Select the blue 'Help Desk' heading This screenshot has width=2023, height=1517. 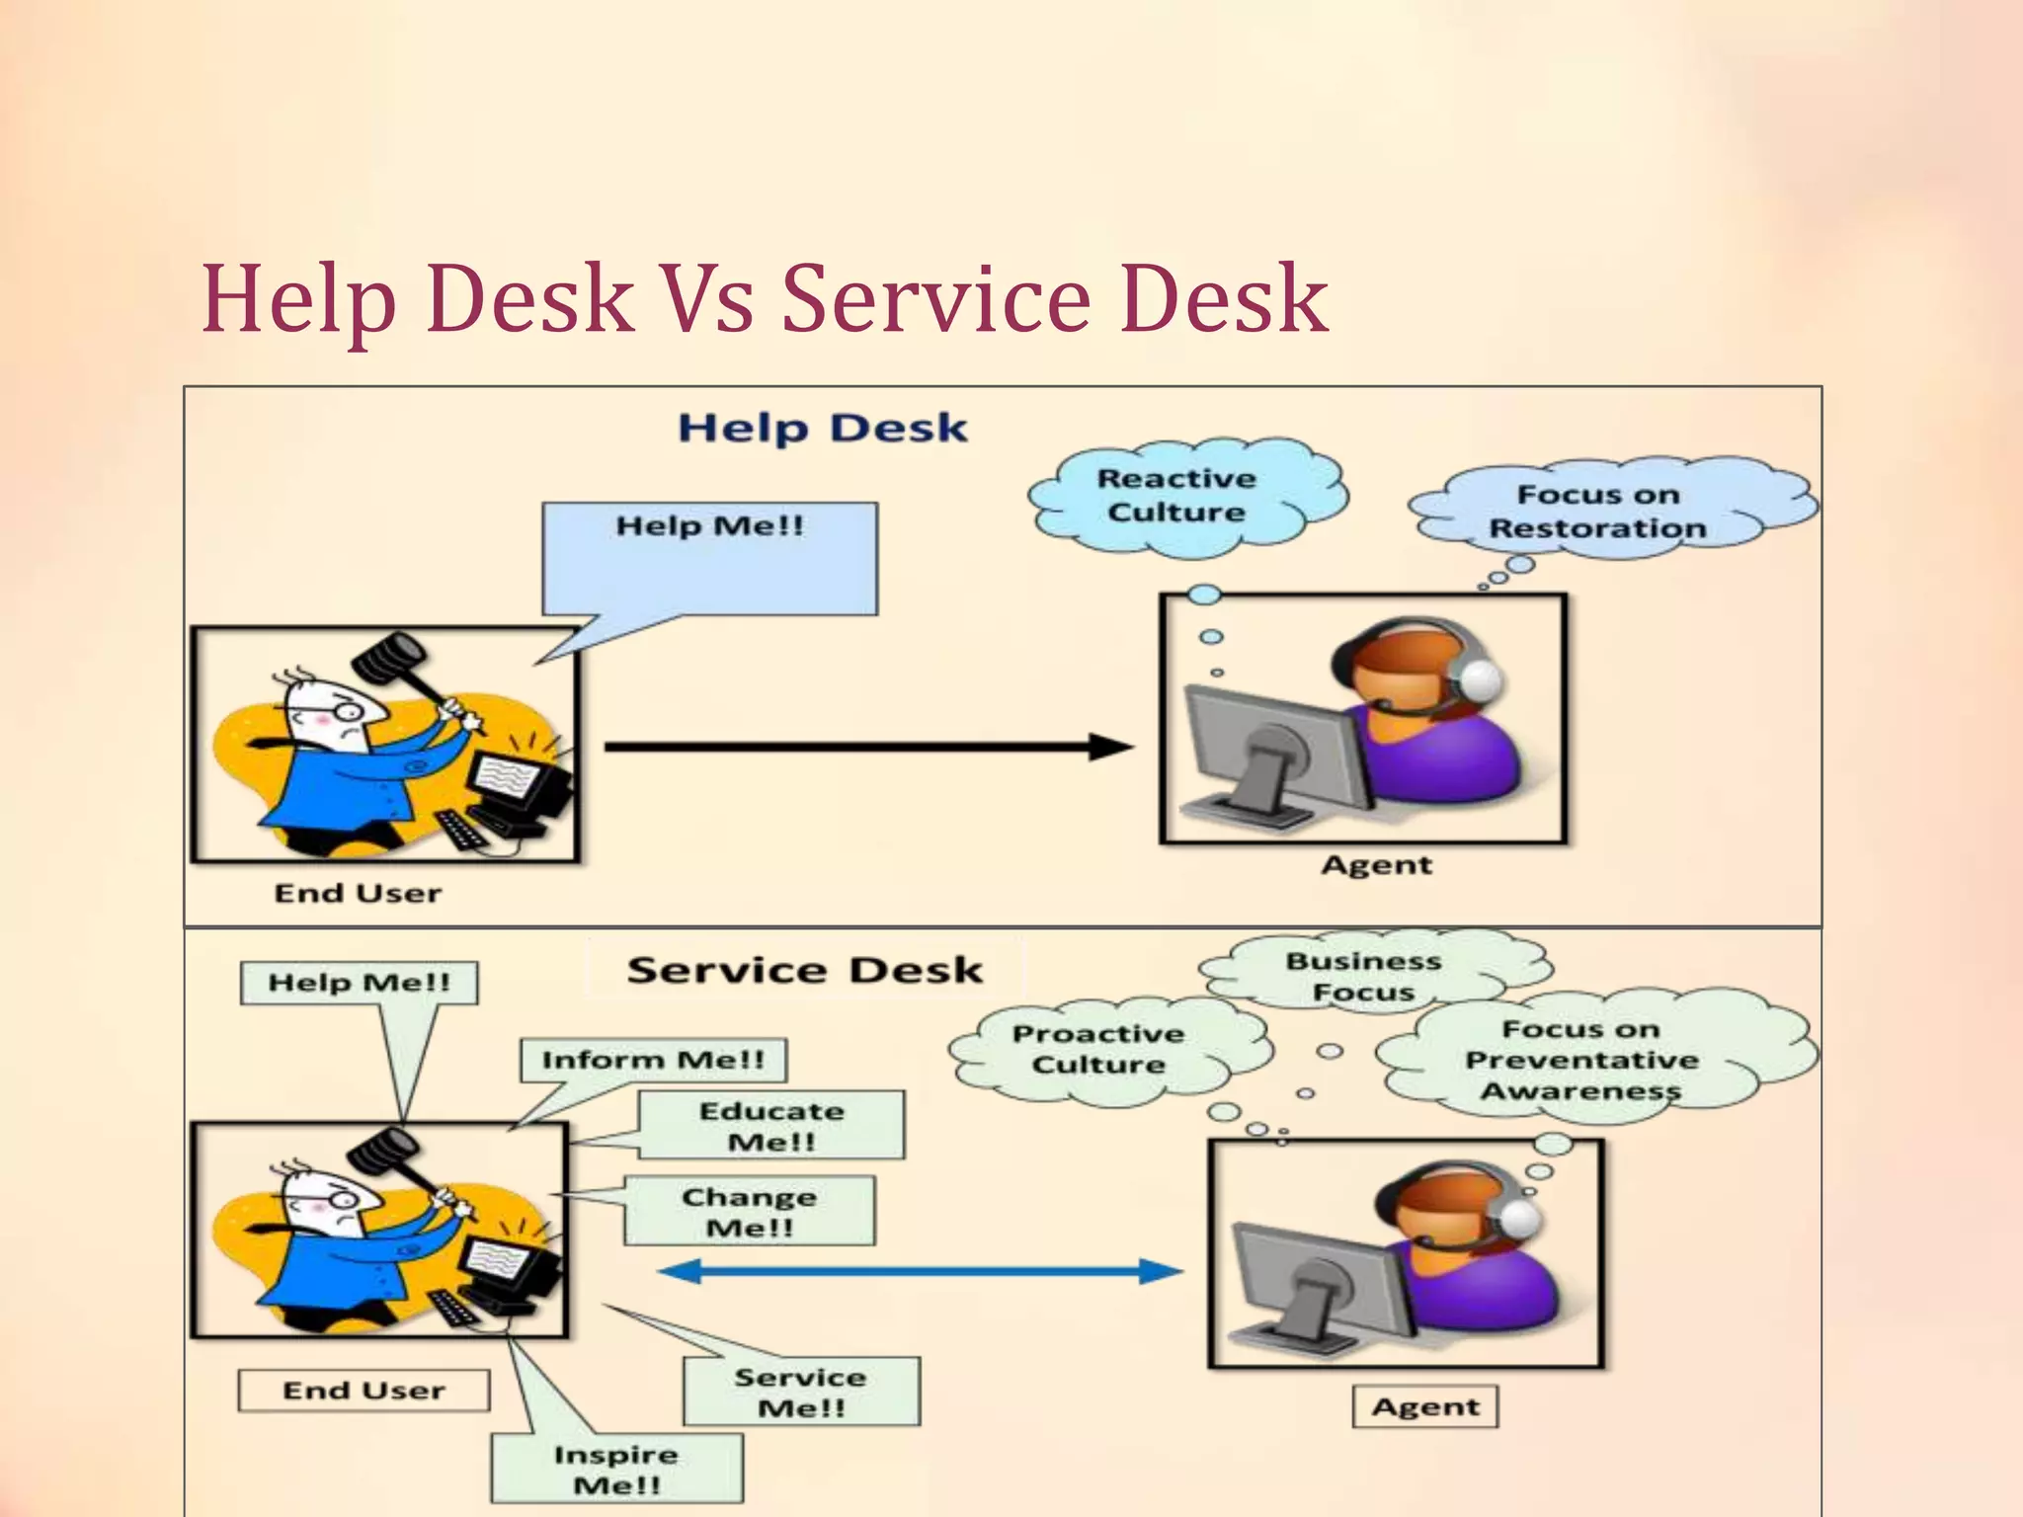822,429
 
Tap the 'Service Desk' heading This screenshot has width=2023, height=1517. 804,970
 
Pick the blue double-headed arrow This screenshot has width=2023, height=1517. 920,1271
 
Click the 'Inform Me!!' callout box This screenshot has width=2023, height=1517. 653,1060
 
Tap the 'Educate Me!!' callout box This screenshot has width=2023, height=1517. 771,1126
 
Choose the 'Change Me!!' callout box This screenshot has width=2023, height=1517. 749,1211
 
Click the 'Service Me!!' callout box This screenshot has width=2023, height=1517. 800,1392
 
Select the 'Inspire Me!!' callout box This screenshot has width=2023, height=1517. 616,1469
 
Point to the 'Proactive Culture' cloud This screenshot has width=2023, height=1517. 1098,1049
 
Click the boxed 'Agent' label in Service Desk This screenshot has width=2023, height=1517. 1424,1407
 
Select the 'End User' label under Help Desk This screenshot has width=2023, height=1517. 358,893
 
